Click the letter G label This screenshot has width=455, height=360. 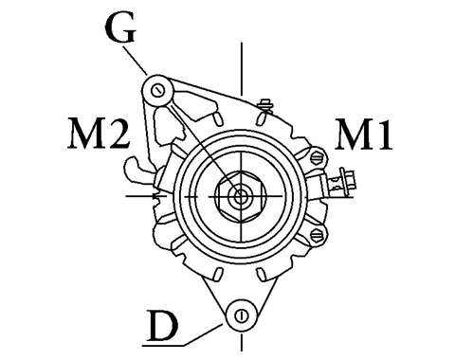point(120,28)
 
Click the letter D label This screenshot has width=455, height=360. point(163,326)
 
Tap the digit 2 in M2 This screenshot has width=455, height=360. point(118,134)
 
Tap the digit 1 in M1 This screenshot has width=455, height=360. point(384,134)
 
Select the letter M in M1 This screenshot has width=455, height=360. point(354,134)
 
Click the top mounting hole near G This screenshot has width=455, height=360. point(157,91)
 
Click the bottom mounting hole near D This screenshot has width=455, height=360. point(241,315)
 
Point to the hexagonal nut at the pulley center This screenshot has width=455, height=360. point(241,196)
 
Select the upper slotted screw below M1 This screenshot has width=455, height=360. point(317,157)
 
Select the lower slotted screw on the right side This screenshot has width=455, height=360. point(317,235)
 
